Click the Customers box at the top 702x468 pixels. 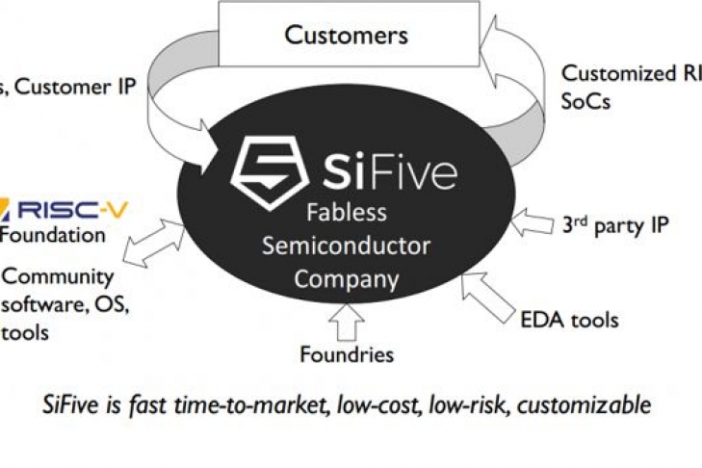(346, 37)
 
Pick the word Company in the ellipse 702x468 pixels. (346, 280)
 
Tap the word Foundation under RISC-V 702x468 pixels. (53, 234)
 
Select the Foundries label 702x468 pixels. (348, 353)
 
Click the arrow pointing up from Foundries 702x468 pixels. (347, 322)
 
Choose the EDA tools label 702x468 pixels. (569, 319)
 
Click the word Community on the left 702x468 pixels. (58, 277)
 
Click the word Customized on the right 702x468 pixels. (616, 73)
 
